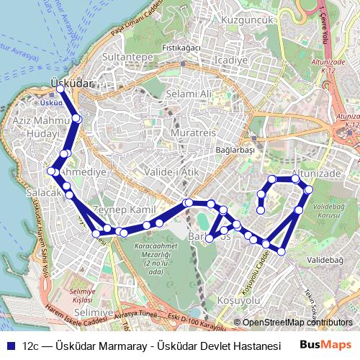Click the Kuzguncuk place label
click(248, 20)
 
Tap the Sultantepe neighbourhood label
click(126, 56)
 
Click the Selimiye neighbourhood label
click(94, 312)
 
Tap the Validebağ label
click(325, 259)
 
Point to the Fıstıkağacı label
click(181, 48)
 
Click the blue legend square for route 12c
click(11, 345)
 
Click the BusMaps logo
click(325, 345)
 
